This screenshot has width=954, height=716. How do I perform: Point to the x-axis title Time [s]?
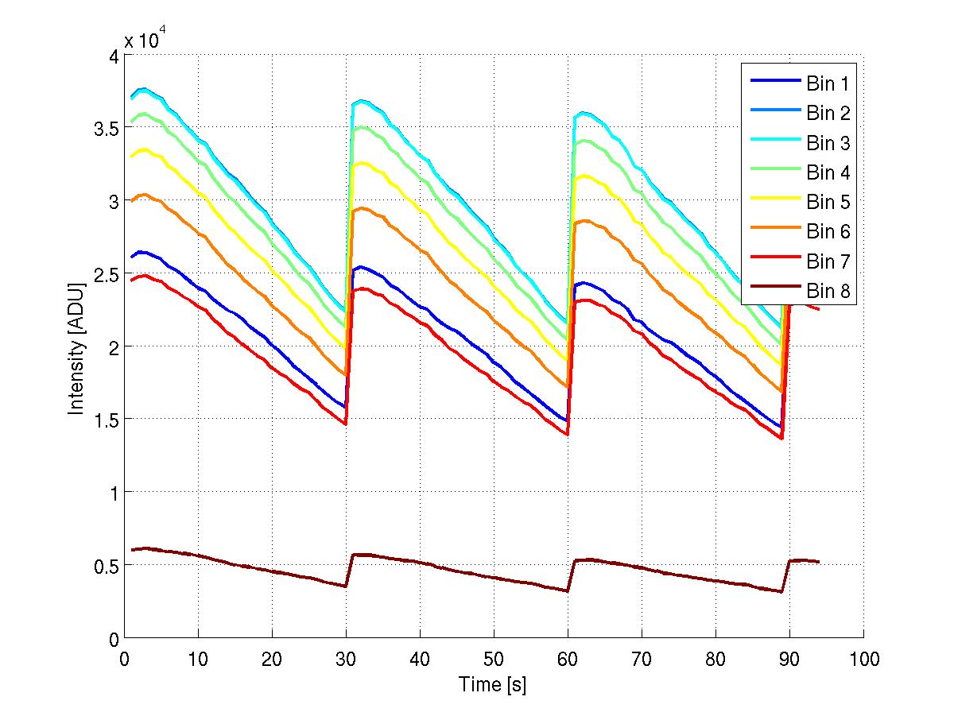(x=492, y=684)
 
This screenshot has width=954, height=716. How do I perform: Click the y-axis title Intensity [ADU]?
(x=76, y=347)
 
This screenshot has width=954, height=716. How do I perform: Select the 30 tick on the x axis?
(x=346, y=660)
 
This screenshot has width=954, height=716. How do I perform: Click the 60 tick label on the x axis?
(x=568, y=660)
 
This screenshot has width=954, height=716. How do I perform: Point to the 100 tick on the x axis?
(x=863, y=660)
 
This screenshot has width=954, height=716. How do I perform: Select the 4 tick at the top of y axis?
(x=111, y=56)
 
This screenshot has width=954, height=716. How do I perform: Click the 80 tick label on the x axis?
(x=715, y=660)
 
